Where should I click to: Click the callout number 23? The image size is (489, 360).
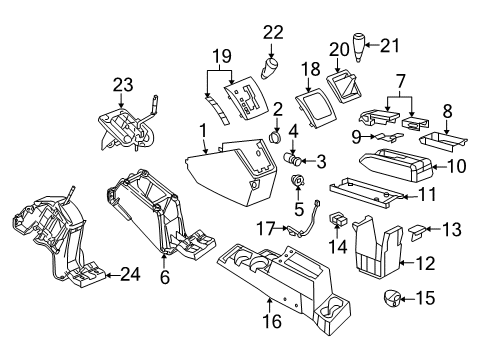pos(122,87)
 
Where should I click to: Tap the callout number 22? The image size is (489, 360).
pos(272,33)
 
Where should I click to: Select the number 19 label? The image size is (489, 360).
pos(222,56)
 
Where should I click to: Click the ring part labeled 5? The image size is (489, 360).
pos(297,182)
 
